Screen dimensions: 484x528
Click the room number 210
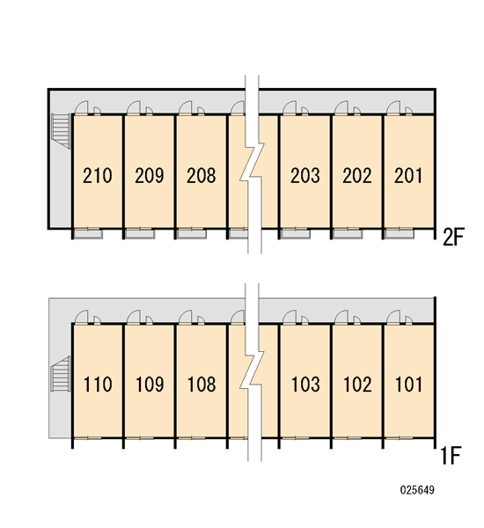[x=98, y=175]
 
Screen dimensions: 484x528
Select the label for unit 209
[x=150, y=175]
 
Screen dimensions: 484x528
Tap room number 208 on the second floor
[x=201, y=175]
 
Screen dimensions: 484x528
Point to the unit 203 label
[x=305, y=175]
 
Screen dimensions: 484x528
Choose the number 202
[x=357, y=175]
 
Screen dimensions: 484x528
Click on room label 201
[x=408, y=175]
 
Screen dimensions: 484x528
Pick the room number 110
[x=98, y=385]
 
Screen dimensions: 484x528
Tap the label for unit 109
[x=150, y=385]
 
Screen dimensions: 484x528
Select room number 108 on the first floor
[x=202, y=385]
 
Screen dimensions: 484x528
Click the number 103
[x=305, y=385]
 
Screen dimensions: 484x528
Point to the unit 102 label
[x=357, y=385]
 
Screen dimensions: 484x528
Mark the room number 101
[x=408, y=385]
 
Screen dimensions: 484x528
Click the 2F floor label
[x=453, y=237]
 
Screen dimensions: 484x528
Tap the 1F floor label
[x=451, y=455]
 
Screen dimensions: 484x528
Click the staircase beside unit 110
[x=61, y=374]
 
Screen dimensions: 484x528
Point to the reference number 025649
[x=417, y=490]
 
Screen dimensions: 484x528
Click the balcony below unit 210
[x=88, y=234]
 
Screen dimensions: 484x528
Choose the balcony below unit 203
[x=296, y=234]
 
